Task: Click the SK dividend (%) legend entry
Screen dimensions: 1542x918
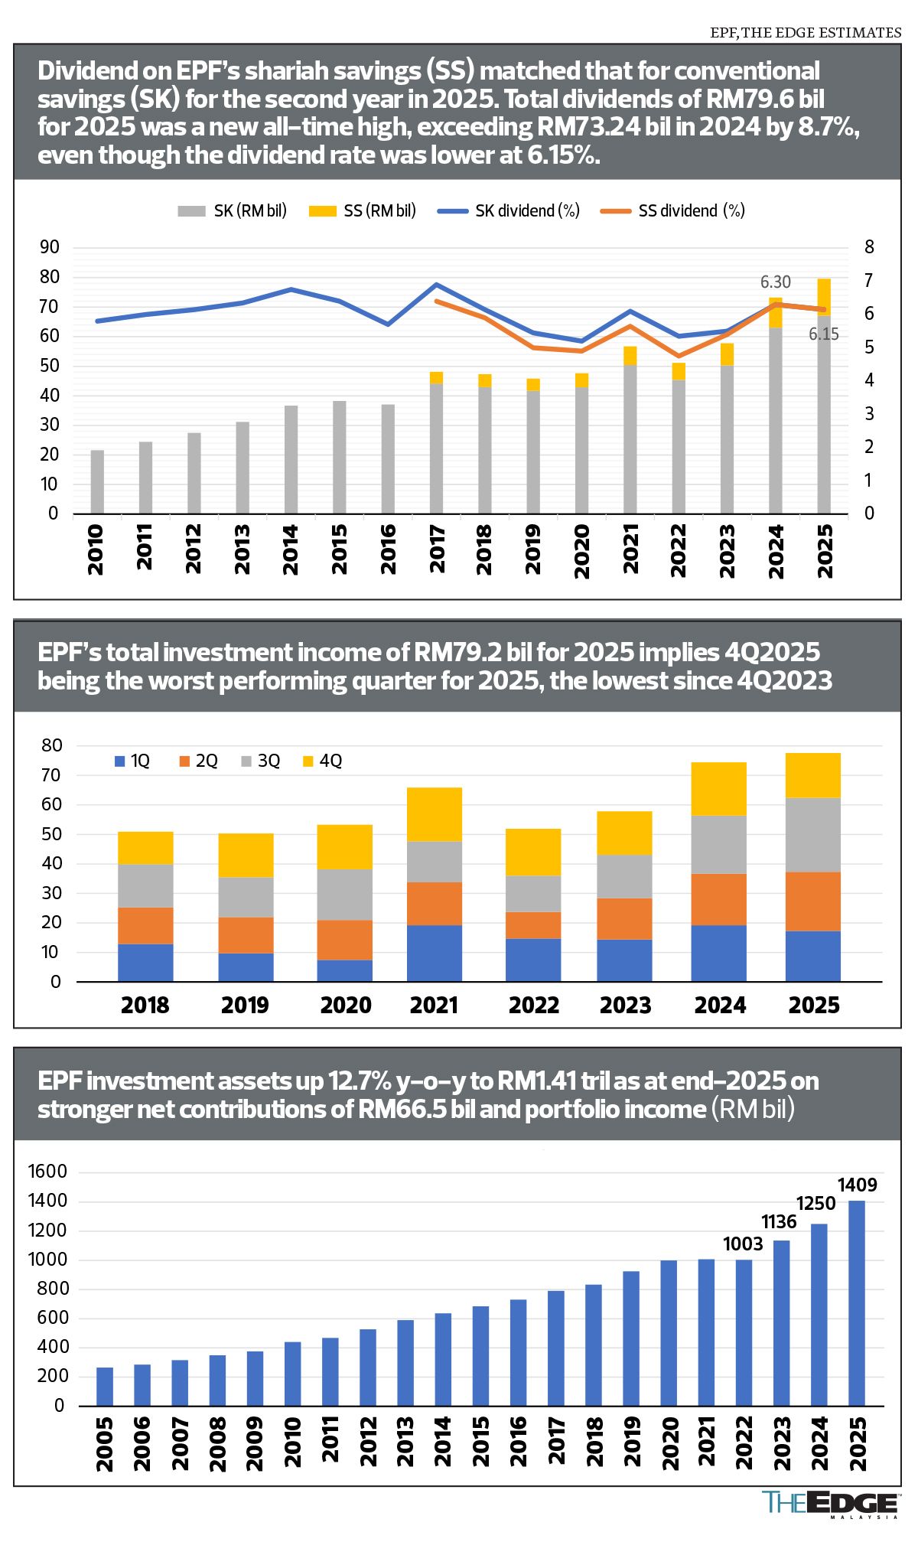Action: click(509, 210)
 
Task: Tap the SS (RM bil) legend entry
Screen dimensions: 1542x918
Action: click(363, 210)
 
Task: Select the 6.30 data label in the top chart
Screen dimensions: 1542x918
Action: click(775, 282)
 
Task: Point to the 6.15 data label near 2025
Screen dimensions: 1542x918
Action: click(824, 334)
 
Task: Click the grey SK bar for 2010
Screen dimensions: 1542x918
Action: click(97, 481)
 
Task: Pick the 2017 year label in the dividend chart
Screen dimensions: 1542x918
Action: click(437, 548)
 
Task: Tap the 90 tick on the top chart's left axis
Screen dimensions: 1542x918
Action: click(50, 246)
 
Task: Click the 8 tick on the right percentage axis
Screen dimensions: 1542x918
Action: click(869, 246)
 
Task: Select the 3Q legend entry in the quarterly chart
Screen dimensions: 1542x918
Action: click(260, 761)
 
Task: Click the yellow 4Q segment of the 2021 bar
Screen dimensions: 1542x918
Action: click(435, 814)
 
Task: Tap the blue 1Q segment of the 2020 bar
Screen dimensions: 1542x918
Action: click(344, 970)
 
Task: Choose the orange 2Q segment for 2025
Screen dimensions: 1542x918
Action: click(812, 901)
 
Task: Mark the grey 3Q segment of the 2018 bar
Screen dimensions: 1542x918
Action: click(145, 885)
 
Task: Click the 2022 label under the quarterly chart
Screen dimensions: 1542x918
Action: click(534, 1005)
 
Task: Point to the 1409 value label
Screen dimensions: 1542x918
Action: click(857, 1185)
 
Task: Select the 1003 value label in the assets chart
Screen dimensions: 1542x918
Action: click(743, 1244)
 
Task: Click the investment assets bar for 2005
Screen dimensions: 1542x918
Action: click(105, 1386)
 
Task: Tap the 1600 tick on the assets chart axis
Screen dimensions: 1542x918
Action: click(47, 1172)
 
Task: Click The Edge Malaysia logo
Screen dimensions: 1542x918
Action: click(831, 1505)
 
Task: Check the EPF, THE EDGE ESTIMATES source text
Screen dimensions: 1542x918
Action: click(806, 32)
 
